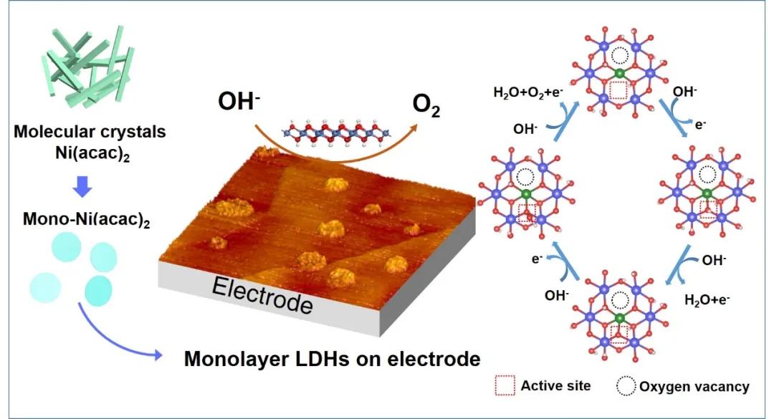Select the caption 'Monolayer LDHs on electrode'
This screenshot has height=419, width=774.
(x=332, y=358)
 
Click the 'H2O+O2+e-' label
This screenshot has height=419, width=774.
(x=528, y=92)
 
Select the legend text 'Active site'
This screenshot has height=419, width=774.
(x=555, y=386)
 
